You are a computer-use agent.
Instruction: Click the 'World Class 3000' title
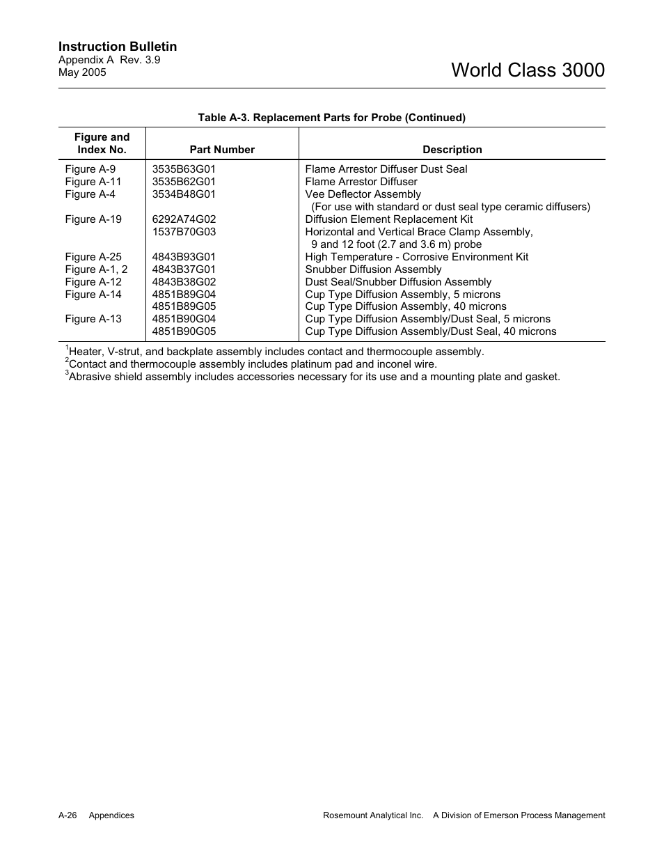coord(528,70)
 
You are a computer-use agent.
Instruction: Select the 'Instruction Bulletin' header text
coord(118,47)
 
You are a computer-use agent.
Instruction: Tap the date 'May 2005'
coord(82,72)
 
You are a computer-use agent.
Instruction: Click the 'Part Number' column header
coord(222,150)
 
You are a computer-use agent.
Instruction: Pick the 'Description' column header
coord(452,150)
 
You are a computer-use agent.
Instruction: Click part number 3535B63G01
coord(184,169)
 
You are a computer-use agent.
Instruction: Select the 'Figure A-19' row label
coord(93,219)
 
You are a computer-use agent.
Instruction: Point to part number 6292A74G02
coord(184,219)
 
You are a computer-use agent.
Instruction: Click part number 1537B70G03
coord(184,232)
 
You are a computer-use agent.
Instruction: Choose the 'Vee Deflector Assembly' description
coord(363,194)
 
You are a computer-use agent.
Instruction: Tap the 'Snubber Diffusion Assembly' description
coord(373,269)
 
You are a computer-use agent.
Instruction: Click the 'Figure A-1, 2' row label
coord(96,269)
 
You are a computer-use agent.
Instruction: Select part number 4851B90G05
coord(184,331)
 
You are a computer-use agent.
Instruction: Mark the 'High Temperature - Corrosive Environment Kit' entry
coord(416,257)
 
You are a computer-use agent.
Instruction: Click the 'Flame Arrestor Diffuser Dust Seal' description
coord(386,169)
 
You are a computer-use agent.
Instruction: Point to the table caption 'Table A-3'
coord(331,118)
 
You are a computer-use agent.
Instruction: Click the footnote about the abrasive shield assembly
coord(313,377)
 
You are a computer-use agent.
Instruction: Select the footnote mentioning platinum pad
coord(252,364)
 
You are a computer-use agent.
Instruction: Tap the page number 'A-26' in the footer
coord(68,815)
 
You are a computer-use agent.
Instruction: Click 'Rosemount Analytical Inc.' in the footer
coord(373,815)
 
